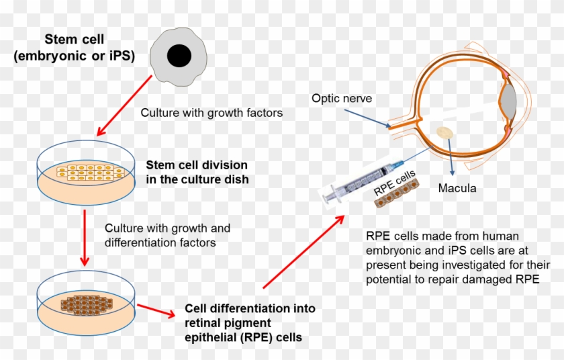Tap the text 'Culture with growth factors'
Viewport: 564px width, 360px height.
(211, 113)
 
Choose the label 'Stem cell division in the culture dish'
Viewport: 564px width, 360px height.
(197, 171)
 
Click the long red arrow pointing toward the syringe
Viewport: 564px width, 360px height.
(305, 252)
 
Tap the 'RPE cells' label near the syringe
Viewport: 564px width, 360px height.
(395, 182)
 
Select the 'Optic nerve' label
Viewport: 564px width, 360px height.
(342, 99)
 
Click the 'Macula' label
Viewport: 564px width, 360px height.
(457, 188)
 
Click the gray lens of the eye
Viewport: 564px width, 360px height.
(508, 101)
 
